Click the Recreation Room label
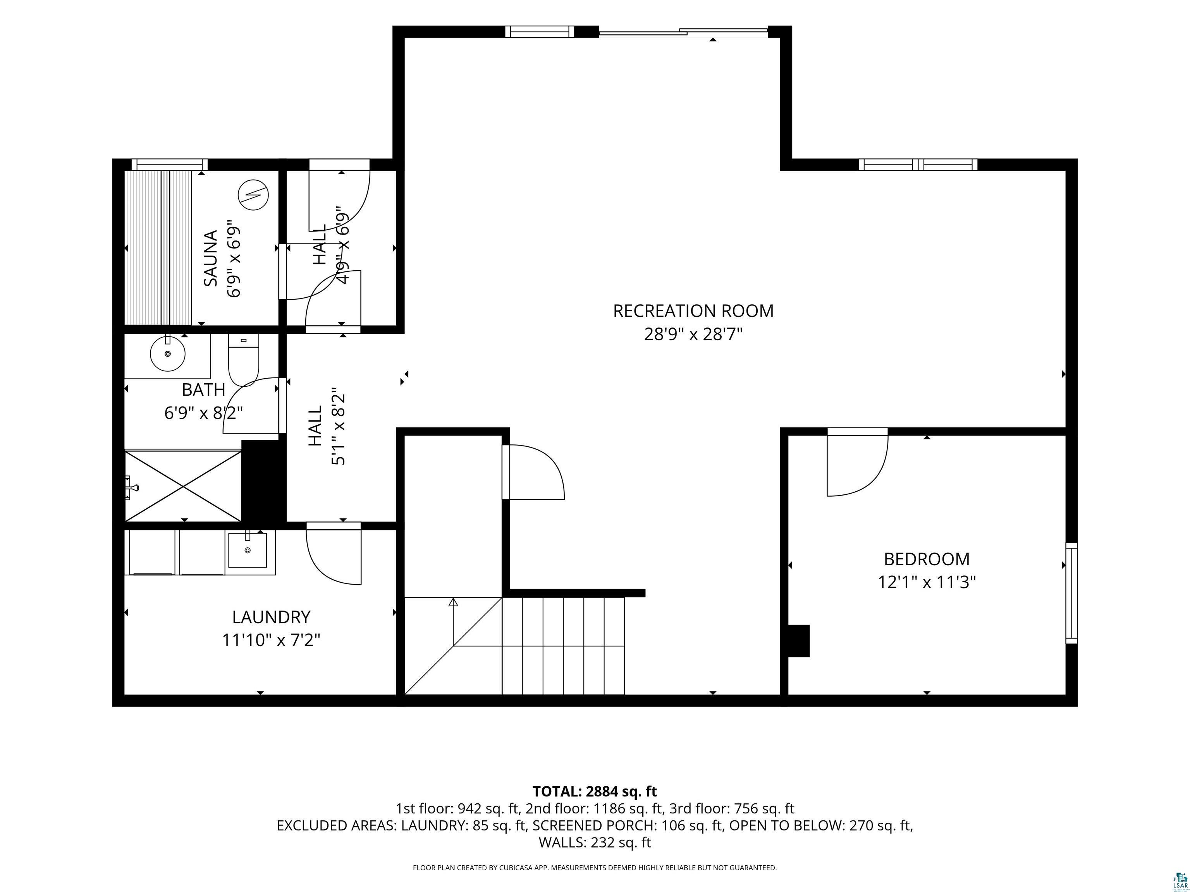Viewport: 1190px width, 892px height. pos(693,311)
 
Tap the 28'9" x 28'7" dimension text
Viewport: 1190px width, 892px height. pos(693,334)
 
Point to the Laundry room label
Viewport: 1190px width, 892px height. pos(271,617)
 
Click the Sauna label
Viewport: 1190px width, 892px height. pos(210,258)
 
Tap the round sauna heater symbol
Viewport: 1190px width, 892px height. pos(253,194)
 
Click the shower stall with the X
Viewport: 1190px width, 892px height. pos(183,486)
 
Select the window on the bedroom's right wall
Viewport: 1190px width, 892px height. pos(1071,593)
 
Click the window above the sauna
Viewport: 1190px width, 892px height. pos(169,165)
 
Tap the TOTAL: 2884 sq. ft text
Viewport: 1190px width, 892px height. pos(595,791)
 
